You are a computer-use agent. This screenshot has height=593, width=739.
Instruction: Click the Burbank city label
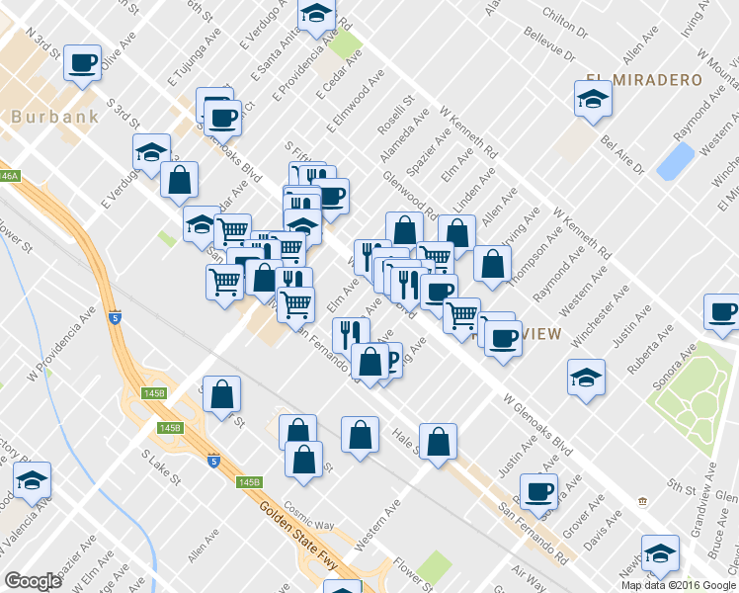pos(55,117)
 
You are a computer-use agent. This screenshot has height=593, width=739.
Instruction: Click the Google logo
pos(33,580)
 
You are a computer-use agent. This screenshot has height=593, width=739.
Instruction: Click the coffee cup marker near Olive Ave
pos(82,64)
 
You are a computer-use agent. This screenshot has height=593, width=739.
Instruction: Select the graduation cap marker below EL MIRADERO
pos(593,98)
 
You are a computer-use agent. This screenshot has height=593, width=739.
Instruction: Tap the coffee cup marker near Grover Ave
pos(538,490)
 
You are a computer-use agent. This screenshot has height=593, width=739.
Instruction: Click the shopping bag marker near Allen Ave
pos(491,263)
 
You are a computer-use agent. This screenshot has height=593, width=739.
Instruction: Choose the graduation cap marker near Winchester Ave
pos(586,377)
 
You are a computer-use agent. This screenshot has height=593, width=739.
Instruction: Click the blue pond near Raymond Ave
pos(676,161)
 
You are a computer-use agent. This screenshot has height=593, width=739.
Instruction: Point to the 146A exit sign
pos(8,175)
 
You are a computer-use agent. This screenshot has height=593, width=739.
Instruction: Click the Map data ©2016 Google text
pos(679,584)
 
